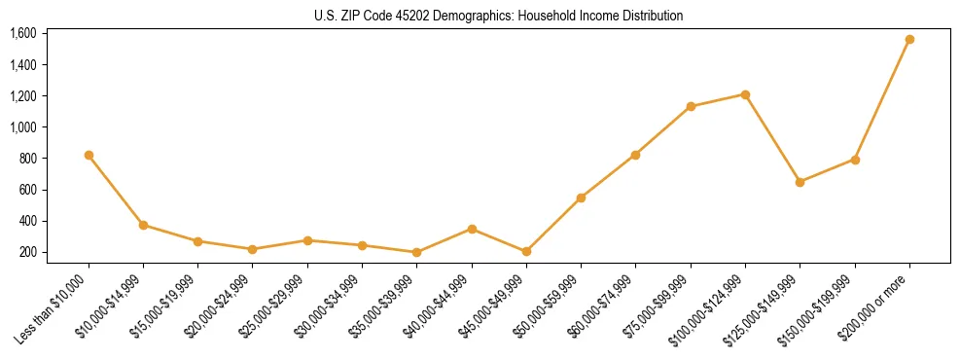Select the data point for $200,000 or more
click(909, 40)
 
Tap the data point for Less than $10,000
click(89, 155)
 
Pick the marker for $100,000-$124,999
click(745, 94)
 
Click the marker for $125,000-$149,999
click(800, 182)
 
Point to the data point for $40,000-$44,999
click(472, 229)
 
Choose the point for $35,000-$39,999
click(417, 252)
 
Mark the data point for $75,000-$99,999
click(691, 106)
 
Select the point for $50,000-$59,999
click(581, 198)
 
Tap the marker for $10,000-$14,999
click(144, 225)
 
